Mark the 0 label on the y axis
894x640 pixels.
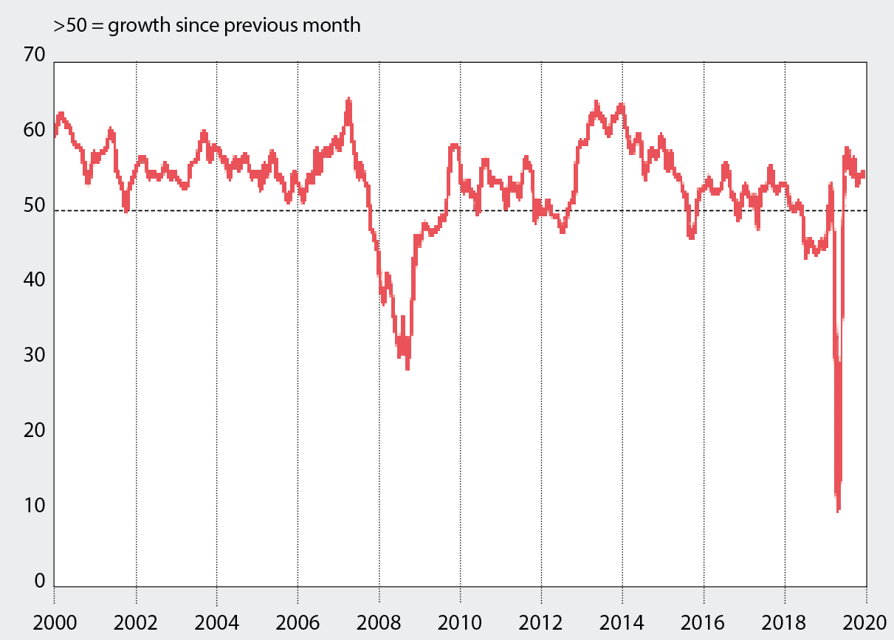[41, 581]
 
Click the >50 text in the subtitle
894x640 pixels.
[69, 26]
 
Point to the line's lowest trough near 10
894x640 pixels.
[838, 509]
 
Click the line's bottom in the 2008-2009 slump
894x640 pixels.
[407, 367]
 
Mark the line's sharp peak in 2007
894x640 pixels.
[348, 100]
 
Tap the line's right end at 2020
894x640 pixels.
[864, 173]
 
